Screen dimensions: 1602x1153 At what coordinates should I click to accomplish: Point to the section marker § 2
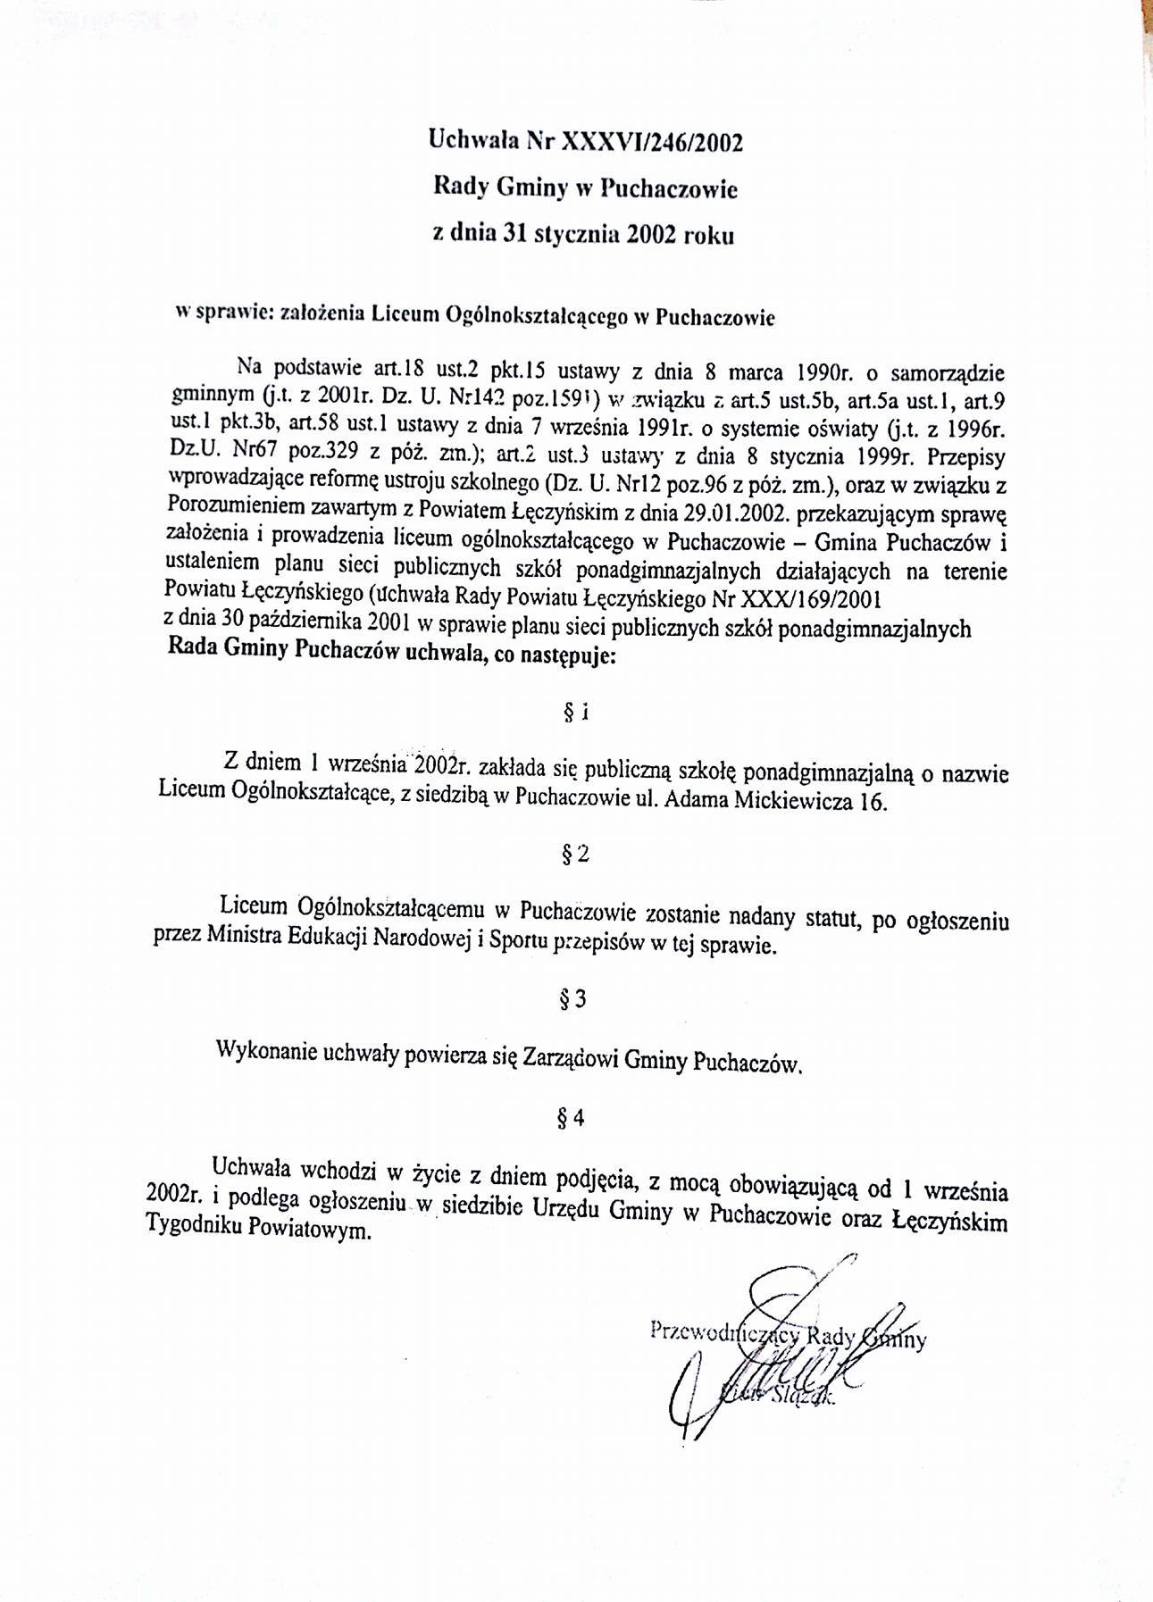pyautogui.click(x=576, y=855)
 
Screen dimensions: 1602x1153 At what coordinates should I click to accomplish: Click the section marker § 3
pyautogui.click(x=574, y=999)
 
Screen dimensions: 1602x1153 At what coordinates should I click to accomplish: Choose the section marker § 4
pyautogui.click(x=573, y=1117)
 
